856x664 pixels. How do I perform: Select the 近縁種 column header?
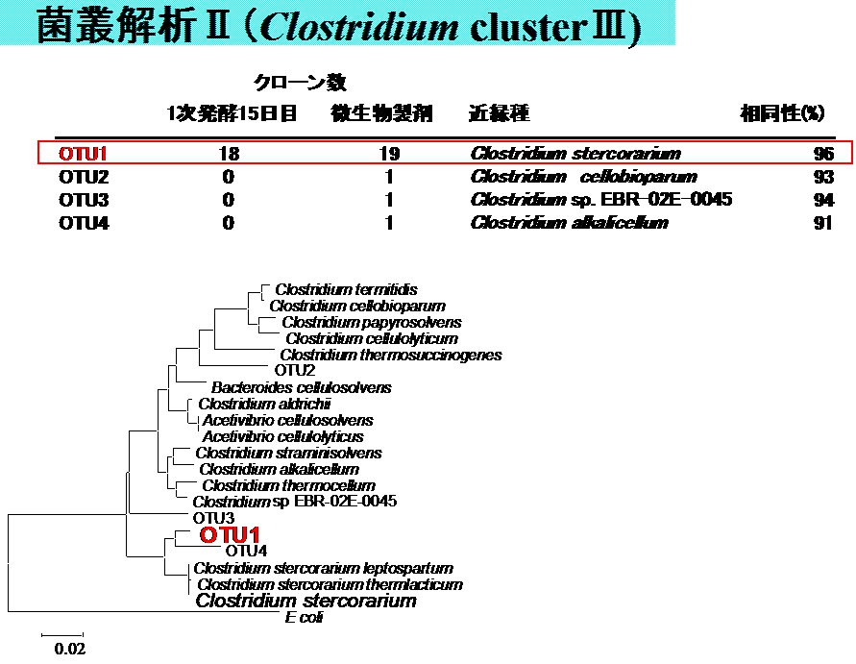click(x=499, y=113)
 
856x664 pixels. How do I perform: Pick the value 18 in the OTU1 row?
click(x=229, y=154)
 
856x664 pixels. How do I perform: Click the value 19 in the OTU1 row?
click(x=389, y=154)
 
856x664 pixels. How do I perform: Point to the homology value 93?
click(x=822, y=177)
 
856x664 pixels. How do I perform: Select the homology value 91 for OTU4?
click(x=822, y=223)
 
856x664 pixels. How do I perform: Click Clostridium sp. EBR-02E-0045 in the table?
click(x=601, y=200)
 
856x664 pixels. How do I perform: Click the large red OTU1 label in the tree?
click(x=229, y=534)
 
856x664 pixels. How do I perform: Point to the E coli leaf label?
click(x=304, y=618)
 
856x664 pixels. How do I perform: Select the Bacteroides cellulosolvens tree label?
click(x=301, y=387)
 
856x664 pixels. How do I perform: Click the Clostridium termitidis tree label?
click(x=346, y=289)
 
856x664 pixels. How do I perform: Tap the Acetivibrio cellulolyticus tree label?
click(x=282, y=436)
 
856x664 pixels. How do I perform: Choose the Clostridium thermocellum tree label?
click(x=288, y=485)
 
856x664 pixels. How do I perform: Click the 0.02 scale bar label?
click(x=69, y=649)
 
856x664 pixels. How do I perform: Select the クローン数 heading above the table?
click(x=299, y=84)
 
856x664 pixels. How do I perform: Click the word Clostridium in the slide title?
click(x=360, y=27)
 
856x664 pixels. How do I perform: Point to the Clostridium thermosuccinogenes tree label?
click(x=390, y=355)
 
